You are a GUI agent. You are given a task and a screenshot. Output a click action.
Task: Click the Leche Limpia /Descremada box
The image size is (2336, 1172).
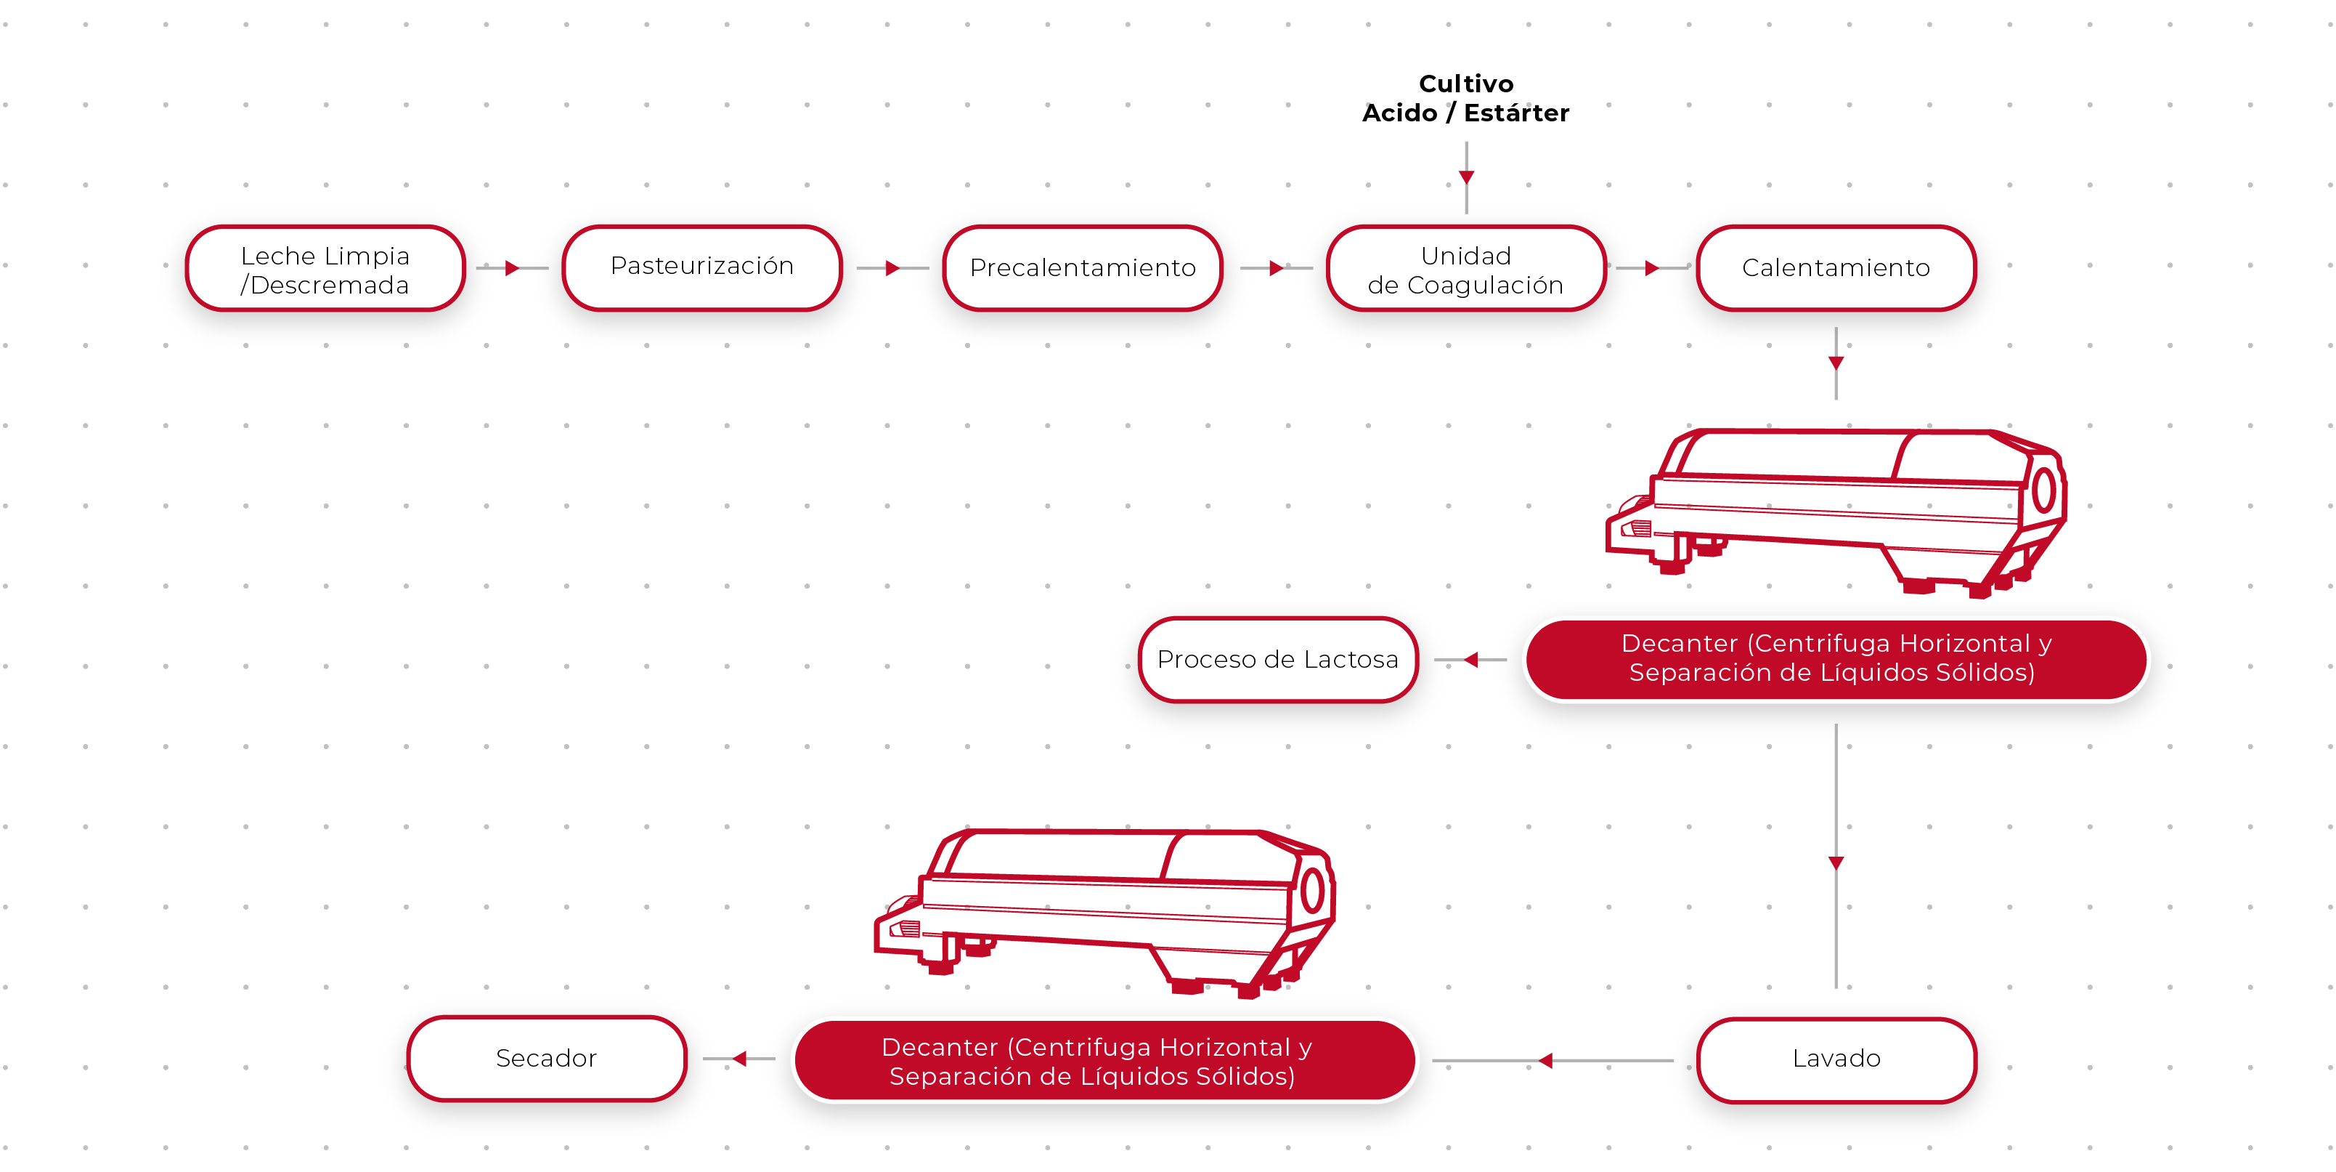point(325,270)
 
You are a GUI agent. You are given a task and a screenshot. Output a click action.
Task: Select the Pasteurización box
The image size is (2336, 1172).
point(702,267)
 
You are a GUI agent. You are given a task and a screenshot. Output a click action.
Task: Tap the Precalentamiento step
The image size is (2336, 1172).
point(1083,269)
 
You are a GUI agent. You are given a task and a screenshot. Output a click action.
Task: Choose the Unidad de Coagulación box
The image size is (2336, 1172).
point(1465,270)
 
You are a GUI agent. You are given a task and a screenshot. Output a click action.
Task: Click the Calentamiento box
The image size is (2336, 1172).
point(1836,269)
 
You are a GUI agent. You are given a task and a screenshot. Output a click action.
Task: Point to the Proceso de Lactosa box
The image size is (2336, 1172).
point(1278,660)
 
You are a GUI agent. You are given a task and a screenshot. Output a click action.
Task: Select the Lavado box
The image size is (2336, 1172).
point(1836,1059)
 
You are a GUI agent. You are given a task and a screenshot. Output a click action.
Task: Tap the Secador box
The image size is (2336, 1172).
point(546,1059)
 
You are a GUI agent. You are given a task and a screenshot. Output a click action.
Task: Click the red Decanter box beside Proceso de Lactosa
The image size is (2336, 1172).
point(1836,658)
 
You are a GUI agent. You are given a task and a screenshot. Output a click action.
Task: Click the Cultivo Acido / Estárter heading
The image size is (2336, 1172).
point(1465,98)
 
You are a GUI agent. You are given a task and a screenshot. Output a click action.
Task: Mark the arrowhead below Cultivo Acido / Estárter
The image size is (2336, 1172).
point(1466,177)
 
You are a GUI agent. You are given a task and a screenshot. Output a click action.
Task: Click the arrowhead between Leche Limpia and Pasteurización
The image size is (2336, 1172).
point(513,269)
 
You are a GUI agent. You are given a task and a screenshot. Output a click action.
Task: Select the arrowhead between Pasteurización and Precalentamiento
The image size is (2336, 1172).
point(893,269)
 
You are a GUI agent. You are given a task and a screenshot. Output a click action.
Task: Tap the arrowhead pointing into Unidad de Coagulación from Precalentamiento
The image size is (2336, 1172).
point(1276,269)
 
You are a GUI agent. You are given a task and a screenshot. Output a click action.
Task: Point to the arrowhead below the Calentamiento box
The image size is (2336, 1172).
point(1836,363)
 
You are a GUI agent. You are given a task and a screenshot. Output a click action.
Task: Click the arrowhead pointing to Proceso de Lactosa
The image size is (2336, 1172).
point(1471,660)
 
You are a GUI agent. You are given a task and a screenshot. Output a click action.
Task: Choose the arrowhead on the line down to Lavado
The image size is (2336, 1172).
point(1836,862)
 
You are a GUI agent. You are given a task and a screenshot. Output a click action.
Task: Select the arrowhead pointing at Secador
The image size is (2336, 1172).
point(740,1059)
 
